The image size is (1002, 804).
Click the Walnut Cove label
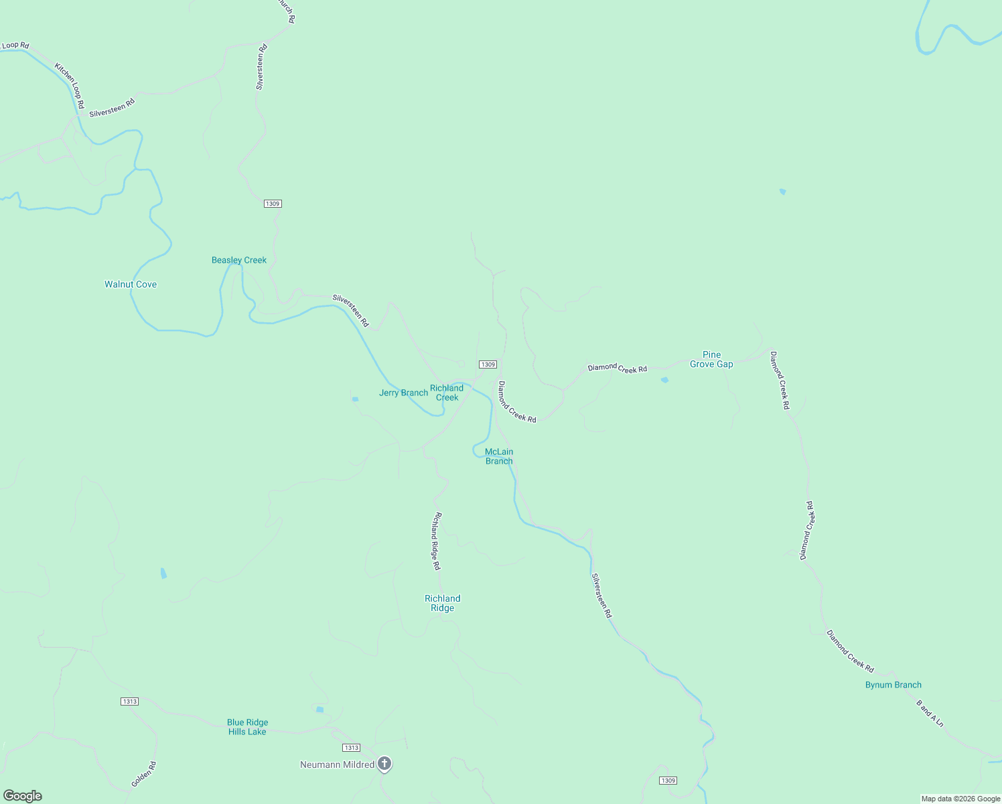(x=131, y=284)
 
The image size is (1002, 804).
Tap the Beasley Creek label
(x=239, y=260)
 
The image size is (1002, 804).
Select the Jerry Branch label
(x=403, y=393)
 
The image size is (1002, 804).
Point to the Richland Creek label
(x=447, y=393)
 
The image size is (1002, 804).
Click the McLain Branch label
(x=499, y=456)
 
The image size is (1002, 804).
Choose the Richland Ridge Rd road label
(x=437, y=541)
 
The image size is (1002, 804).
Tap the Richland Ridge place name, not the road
(x=443, y=603)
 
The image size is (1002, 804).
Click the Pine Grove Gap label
(x=711, y=359)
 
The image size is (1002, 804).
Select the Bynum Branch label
(x=893, y=685)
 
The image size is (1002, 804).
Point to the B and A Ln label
(x=930, y=714)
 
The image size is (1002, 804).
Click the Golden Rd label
(x=143, y=774)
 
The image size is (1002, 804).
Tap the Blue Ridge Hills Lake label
(x=247, y=727)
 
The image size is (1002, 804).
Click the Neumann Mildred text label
(x=337, y=764)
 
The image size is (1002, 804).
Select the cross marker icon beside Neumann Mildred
(x=384, y=763)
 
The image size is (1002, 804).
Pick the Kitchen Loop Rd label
(x=70, y=86)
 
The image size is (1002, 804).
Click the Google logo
(x=23, y=796)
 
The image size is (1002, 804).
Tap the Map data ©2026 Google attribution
(x=960, y=799)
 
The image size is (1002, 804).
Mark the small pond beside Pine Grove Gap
(x=664, y=380)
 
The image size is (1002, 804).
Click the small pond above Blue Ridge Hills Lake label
(x=319, y=710)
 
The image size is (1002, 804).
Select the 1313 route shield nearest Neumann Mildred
(x=351, y=748)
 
